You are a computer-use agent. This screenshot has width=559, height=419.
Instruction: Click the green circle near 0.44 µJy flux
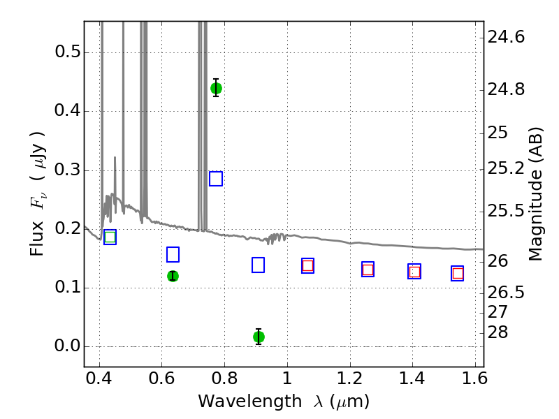click(x=216, y=88)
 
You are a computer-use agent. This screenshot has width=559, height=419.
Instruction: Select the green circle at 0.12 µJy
click(x=173, y=276)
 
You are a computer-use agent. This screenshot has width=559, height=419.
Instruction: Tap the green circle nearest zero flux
click(x=259, y=337)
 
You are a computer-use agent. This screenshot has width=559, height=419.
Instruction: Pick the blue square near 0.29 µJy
click(x=216, y=179)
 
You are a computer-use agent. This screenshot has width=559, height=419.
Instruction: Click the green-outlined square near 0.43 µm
click(x=110, y=237)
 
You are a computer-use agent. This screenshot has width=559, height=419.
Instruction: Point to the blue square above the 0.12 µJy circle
click(x=173, y=254)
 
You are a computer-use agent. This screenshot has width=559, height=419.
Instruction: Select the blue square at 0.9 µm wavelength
click(x=258, y=265)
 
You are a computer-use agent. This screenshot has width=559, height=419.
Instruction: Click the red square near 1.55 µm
click(x=458, y=273)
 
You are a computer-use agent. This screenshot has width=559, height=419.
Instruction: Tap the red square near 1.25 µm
click(x=368, y=270)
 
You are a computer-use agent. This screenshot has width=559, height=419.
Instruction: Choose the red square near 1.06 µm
click(x=307, y=265)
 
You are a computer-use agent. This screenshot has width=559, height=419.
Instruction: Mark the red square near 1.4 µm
click(x=414, y=272)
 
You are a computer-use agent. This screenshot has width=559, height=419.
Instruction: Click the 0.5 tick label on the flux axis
click(x=68, y=52)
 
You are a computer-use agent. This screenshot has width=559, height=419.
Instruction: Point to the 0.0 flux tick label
click(x=68, y=346)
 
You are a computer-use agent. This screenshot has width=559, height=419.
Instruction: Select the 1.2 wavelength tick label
click(x=350, y=378)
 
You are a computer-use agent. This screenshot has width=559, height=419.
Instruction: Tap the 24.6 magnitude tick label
click(x=506, y=37)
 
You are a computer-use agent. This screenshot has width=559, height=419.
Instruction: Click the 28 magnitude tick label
click(x=498, y=332)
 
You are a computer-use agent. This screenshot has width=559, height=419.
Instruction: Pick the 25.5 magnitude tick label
click(x=506, y=212)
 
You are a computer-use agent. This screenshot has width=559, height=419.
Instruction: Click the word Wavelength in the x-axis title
click(x=250, y=402)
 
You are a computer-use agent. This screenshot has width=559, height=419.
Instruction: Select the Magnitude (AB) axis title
click(x=535, y=194)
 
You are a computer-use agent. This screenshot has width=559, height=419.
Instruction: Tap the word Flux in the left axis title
click(x=37, y=238)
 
